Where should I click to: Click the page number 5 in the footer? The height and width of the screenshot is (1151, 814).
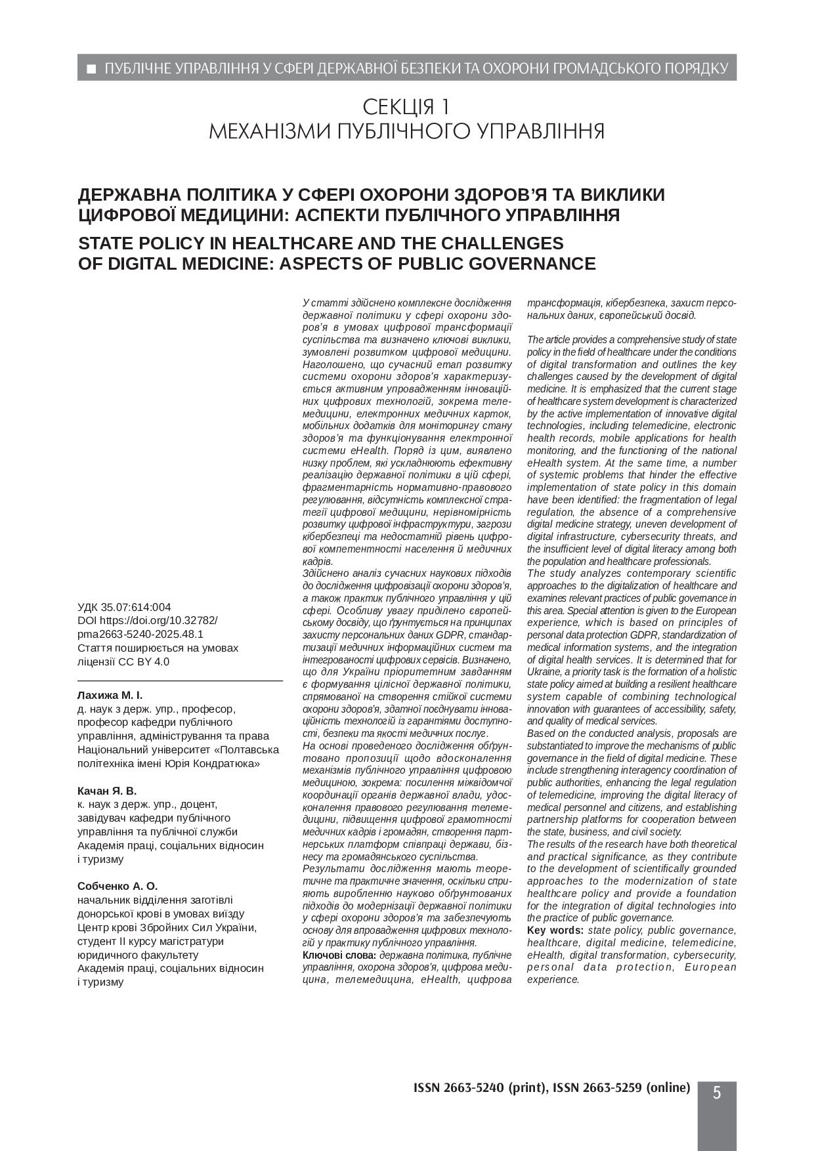coord(717,1093)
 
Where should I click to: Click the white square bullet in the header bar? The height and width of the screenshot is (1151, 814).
coord(92,68)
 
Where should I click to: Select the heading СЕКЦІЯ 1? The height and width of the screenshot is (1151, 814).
coord(406,106)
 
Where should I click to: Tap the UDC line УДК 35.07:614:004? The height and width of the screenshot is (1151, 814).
coord(124,607)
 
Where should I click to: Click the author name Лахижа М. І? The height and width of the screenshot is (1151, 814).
coord(110,695)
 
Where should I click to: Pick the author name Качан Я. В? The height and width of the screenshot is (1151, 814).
coord(107,791)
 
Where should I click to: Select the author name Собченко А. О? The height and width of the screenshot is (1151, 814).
coord(118,885)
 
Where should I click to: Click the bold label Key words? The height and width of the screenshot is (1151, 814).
coord(555,931)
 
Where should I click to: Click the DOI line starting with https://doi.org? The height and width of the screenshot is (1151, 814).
coord(158,620)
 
